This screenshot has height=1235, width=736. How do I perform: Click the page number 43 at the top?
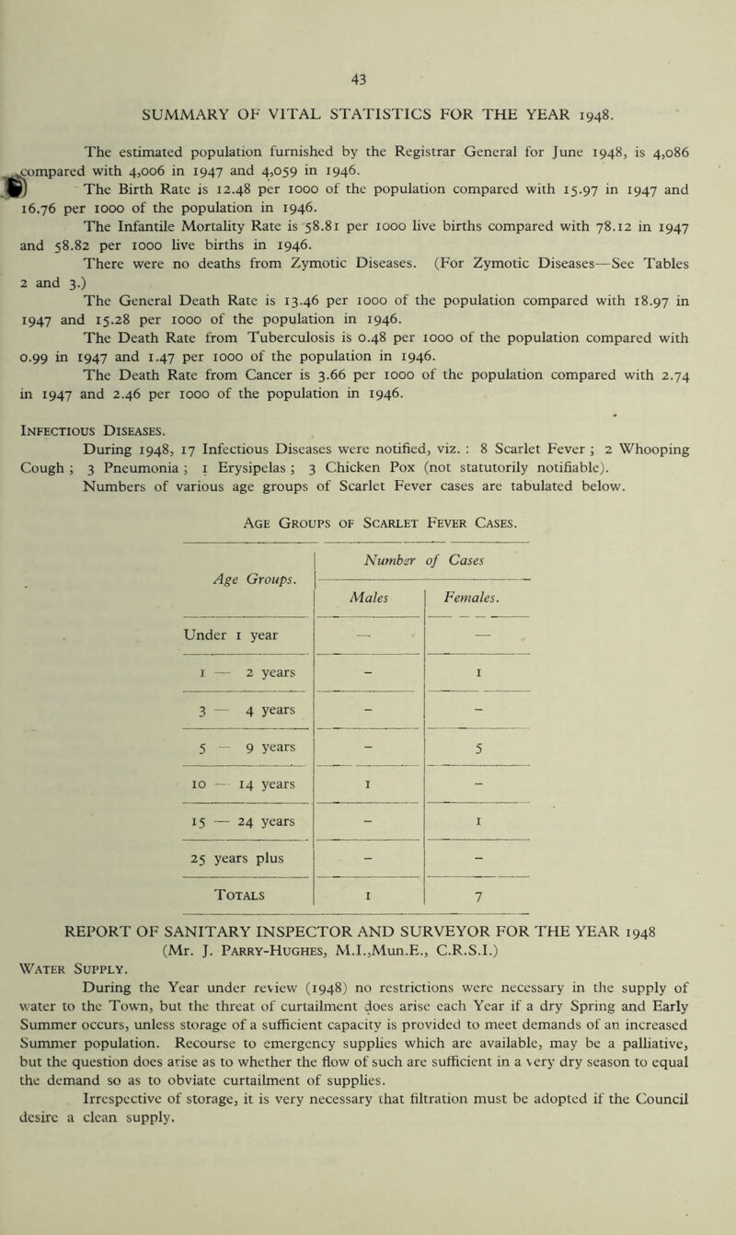click(368, 55)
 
